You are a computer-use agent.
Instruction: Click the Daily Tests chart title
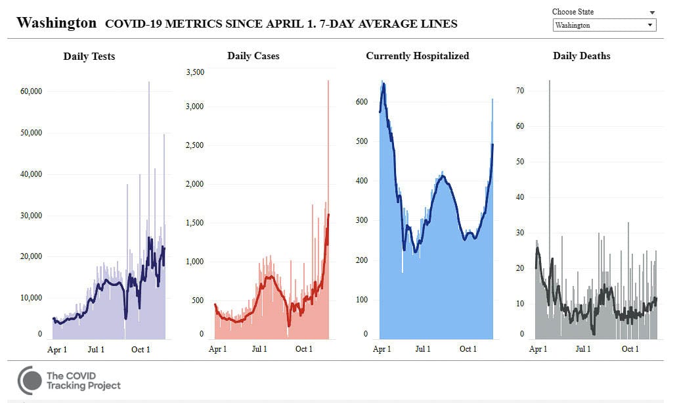click(x=89, y=57)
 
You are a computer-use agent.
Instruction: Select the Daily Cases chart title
click(x=253, y=56)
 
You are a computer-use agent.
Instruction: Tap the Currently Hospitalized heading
click(x=417, y=56)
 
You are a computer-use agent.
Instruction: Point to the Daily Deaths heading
click(x=581, y=56)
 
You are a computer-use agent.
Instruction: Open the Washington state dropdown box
click(x=604, y=25)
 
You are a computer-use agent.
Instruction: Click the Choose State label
click(x=573, y=12)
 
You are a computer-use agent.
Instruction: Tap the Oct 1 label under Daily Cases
click(x=303, y=349)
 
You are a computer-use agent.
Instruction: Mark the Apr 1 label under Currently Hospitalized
click(x=382, y=349)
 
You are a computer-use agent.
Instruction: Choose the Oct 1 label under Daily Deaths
click(x=630, y=349)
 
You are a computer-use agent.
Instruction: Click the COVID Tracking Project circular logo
click(x=30, y=381)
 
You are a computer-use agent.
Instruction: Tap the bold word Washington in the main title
click(x=56, y=23)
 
